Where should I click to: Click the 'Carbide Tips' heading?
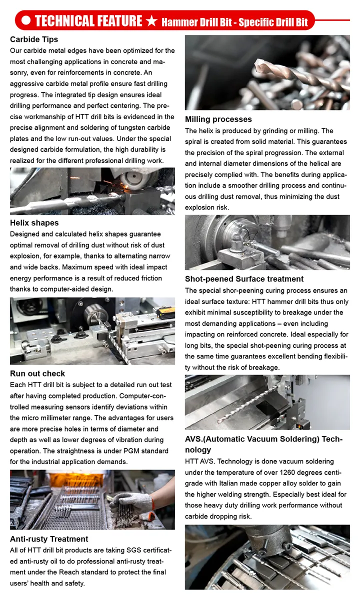tap(34, 39)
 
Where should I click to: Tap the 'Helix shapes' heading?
tap(34, 223)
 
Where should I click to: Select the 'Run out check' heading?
tap(37, 373)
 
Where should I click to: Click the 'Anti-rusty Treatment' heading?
tap(49, 539)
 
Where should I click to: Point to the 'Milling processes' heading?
tap(218, 119)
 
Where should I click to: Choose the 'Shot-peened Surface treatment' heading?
tap(244, 279)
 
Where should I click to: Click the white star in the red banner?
tap(153, 21)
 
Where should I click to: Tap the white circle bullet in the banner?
tap(26, 21)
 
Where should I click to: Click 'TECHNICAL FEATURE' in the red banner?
tap(88, 21)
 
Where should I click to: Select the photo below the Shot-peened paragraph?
tap(267, 402)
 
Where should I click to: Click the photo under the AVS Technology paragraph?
tap(267, 557)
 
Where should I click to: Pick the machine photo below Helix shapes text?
tap(92, 330)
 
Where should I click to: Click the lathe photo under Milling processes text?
tap(267, 242)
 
